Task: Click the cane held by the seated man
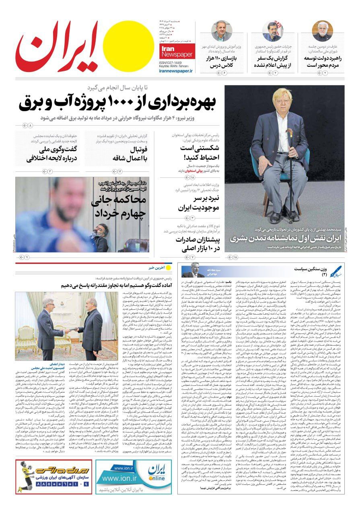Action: click(290, 173)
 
